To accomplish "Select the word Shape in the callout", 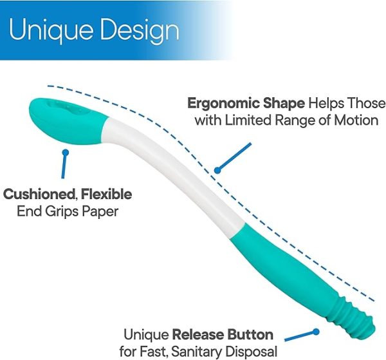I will pos(284,103).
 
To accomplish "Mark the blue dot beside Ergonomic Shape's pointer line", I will pos(218,171).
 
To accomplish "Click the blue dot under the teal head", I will pos(64,152).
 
